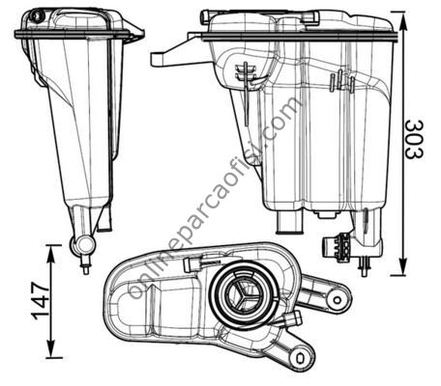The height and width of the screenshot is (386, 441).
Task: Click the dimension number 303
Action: point(414,139)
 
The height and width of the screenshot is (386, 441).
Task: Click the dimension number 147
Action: point(42,301)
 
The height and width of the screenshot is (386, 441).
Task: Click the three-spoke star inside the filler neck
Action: point(244,295)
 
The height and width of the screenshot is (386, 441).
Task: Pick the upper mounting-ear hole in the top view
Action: point(337,300)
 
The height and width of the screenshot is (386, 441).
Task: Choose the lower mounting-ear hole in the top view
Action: point(300,358)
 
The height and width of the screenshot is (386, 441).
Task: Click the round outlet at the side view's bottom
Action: point(83,245)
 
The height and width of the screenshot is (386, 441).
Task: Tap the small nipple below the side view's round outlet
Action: point(86,266)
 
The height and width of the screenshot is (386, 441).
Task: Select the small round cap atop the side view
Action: point(36,15)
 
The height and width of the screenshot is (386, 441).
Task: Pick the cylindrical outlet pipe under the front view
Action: point(289,223)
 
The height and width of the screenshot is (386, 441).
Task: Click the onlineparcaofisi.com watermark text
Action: point(216,198)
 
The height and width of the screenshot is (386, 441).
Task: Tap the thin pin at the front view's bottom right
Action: point(365,266)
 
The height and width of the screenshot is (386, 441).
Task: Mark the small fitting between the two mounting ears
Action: point(292,319)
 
